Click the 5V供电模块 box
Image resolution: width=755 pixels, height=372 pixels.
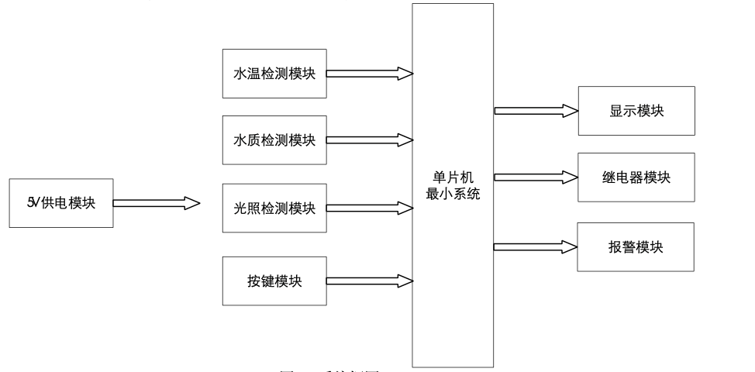tap(60, 203)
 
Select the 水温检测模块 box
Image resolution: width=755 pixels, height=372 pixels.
tap(274, 74)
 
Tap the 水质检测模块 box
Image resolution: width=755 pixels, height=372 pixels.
tap(274, 140)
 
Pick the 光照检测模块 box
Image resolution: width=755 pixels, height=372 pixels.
tap(274, 208)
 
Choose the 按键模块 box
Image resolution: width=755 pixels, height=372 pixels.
tap(274, 281)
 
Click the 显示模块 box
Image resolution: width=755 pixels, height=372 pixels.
tap(636, 111)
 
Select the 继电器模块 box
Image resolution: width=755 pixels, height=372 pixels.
tap(636, 177)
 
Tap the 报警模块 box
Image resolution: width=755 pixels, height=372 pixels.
tap(636, 247)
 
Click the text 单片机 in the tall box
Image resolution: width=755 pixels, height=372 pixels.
tap(453, 179)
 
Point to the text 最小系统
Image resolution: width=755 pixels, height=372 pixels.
tap(453, 194)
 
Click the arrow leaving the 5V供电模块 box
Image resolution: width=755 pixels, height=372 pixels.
tap(156, 203)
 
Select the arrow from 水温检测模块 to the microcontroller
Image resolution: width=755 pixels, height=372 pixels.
tap(369, 74)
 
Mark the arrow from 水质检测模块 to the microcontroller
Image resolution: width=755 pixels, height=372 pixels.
tap(369, 140)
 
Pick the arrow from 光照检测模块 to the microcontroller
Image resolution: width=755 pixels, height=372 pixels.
tap(369, 208)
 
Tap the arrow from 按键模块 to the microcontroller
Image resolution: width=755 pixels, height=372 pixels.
tap(369, 281)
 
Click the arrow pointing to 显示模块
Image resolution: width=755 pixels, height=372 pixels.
tap(536, 111)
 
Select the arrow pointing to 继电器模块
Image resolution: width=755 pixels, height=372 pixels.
tap(536, 177)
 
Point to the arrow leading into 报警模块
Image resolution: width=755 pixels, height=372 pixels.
tap(536, 247)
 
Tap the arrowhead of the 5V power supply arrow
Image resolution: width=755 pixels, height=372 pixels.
tap(191, 203)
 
